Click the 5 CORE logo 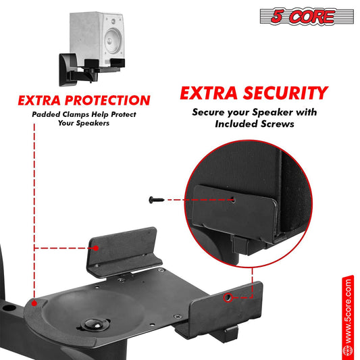point(307,16)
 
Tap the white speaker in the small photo point(97,38)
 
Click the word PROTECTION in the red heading point(107,101)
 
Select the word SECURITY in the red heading point(286,93)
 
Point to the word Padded point(46,114)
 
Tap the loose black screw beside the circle point(156,200)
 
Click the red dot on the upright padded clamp point(96,248)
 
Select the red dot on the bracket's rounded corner point(34,303)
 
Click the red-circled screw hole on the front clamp point(228,298)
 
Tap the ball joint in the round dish point(95,324)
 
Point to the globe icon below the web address point(348,351)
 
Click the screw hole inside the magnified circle point(233,200)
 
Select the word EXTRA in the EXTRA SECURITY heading point(209,93)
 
